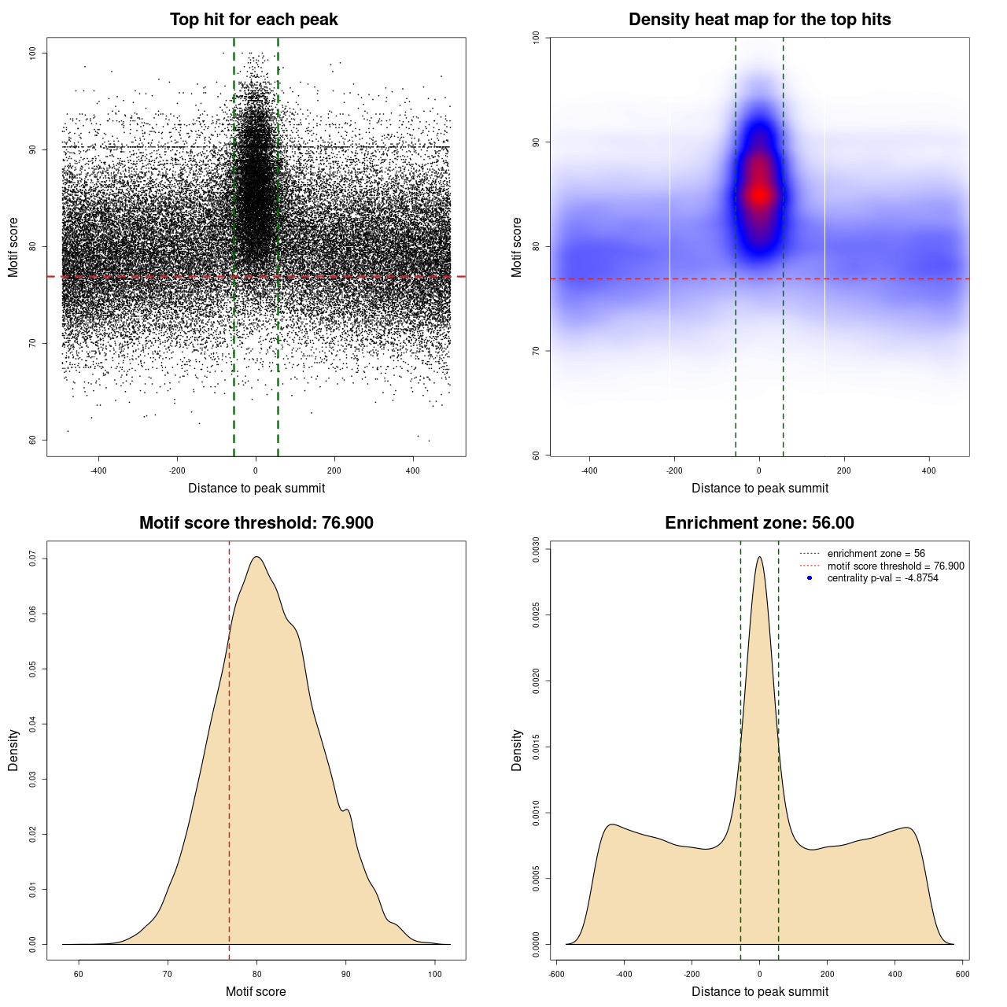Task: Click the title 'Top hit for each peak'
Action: pyautogui.click(x=253, y=20)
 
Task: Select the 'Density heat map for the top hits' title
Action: pyautogui.click(x=759, y=20)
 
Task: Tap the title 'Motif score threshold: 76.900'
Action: pyautogui.click(x=256, y=523)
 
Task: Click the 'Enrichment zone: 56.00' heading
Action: pyautogui.click(x=759, y=523)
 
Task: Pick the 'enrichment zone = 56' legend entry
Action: pyautogui.click(x=876, y=554)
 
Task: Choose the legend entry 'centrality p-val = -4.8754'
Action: pyautogui.click(x=882, y=578)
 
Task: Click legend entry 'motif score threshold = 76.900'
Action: pyautogui.click(x=895, y=566)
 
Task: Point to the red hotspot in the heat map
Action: pyautogui.click(x=759, y=194)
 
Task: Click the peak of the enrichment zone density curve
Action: pyautogui.click(x=759, y=558)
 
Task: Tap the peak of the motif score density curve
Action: pyautogui.click(x=256, y=558)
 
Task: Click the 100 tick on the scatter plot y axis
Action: pyautogui.click(x=32, y=53)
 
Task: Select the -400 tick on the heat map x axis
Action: pyautogui.click(x=589, y=471)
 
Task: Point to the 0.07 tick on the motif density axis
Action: pyautogui.click(x=32, y=559)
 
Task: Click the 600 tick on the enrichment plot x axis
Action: pyautogui.click(x=962, y=974)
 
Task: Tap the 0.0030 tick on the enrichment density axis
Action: pyautogui.click(x=536, y=548)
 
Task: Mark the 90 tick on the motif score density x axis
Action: pyautogui.click(x=346, y=974)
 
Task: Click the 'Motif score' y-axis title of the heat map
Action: pyautogui.click(x=517, y=247)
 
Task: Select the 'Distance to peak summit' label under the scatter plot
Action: pyautogui.click(x=256, y=488)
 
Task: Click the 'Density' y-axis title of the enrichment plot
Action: pyautogui.click(x=517, y=750)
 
